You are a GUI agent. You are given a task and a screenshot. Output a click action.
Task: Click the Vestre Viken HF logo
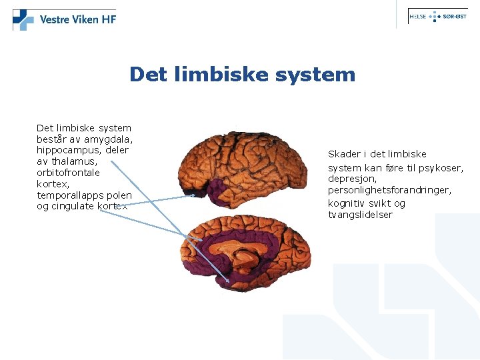click(65, 19)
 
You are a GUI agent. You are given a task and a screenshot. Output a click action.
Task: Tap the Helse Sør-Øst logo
click(437, 17)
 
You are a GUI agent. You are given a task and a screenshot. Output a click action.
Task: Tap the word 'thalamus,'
click(74, 161)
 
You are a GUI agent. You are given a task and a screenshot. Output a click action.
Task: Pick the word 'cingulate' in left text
click(73, 207)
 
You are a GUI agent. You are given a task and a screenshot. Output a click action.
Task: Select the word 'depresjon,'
click(352, 179)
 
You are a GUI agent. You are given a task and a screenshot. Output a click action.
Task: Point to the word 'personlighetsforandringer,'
click(389, 191)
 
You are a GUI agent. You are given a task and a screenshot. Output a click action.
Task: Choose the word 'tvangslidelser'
click(360, 215)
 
